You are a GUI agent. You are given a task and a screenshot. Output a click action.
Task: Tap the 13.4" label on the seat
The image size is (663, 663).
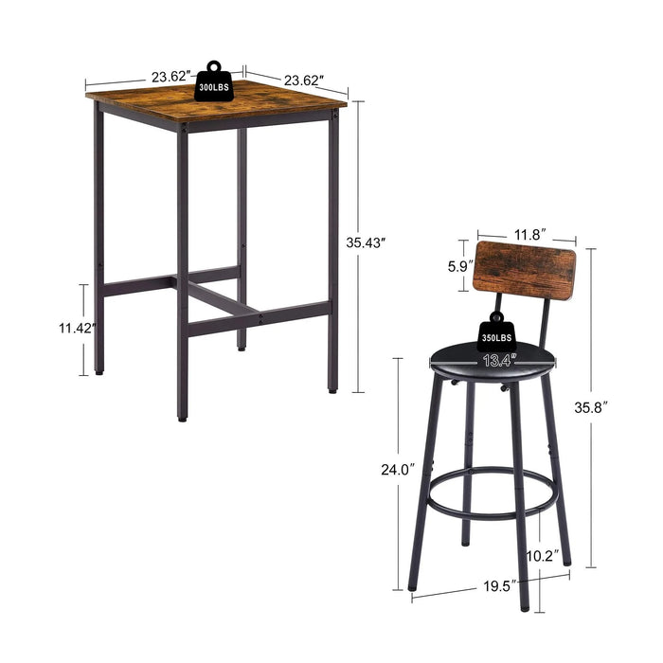pyautogui.click(x=500, y=359)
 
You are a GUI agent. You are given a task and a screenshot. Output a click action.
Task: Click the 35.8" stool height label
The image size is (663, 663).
pyautogui.click(x=617, y=406)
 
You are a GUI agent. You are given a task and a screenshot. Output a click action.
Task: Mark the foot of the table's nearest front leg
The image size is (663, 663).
pyautogui.click(x=182, y=417)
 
